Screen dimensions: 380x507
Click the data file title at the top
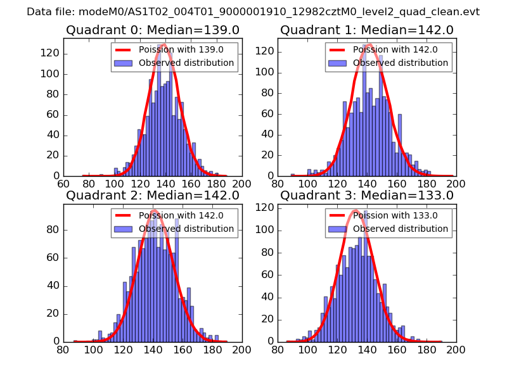coord(253,12)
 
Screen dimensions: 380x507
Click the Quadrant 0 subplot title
coord(153,30)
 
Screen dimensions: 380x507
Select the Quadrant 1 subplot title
coord(367,30)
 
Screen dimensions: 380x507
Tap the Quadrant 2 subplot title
coord(153,195)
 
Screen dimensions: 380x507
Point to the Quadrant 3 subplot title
coord(367,195)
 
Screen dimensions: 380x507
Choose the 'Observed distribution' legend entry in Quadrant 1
coord(400,63)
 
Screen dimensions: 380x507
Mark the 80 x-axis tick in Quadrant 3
coord(278,349)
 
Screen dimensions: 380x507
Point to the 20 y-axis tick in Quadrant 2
coord(53,313)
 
